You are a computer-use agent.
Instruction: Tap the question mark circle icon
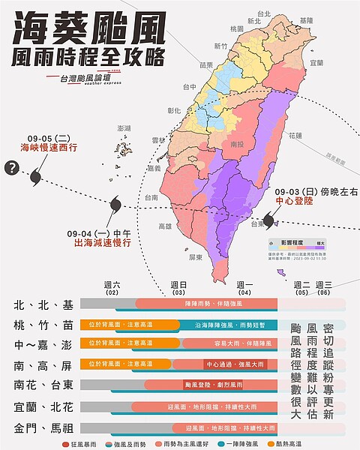tap(11, 169)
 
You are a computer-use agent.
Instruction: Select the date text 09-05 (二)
tap(48, 137)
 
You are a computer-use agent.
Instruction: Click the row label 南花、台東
tap(43, 385)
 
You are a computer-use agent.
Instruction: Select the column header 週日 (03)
tap(178, 288)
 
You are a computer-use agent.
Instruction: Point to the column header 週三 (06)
tap(324, 288)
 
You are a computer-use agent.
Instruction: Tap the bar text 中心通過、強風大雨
tap(232, 364)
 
